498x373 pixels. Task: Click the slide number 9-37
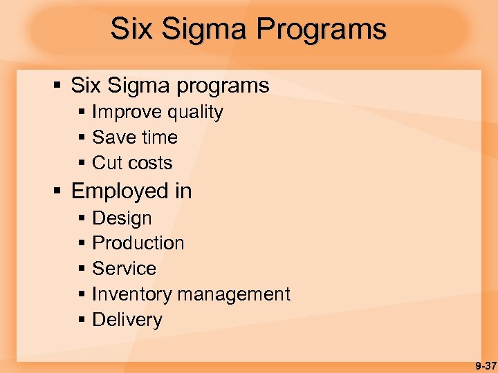coord(483,365)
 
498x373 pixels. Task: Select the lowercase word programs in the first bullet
coord(223,86)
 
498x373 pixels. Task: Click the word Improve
coord(124,113)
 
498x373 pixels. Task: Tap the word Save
coord(112,137)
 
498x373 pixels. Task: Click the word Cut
coord(107,163)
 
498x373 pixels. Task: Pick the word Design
coord(122,218)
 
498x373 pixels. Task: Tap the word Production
coord(138,243)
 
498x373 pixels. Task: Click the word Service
coord(124,269)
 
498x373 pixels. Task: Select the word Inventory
coord(131,294)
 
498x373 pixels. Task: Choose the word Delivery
coord(127,320)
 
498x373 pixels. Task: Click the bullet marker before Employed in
coord(58,191)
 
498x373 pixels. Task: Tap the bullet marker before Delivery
coord(82,320)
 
